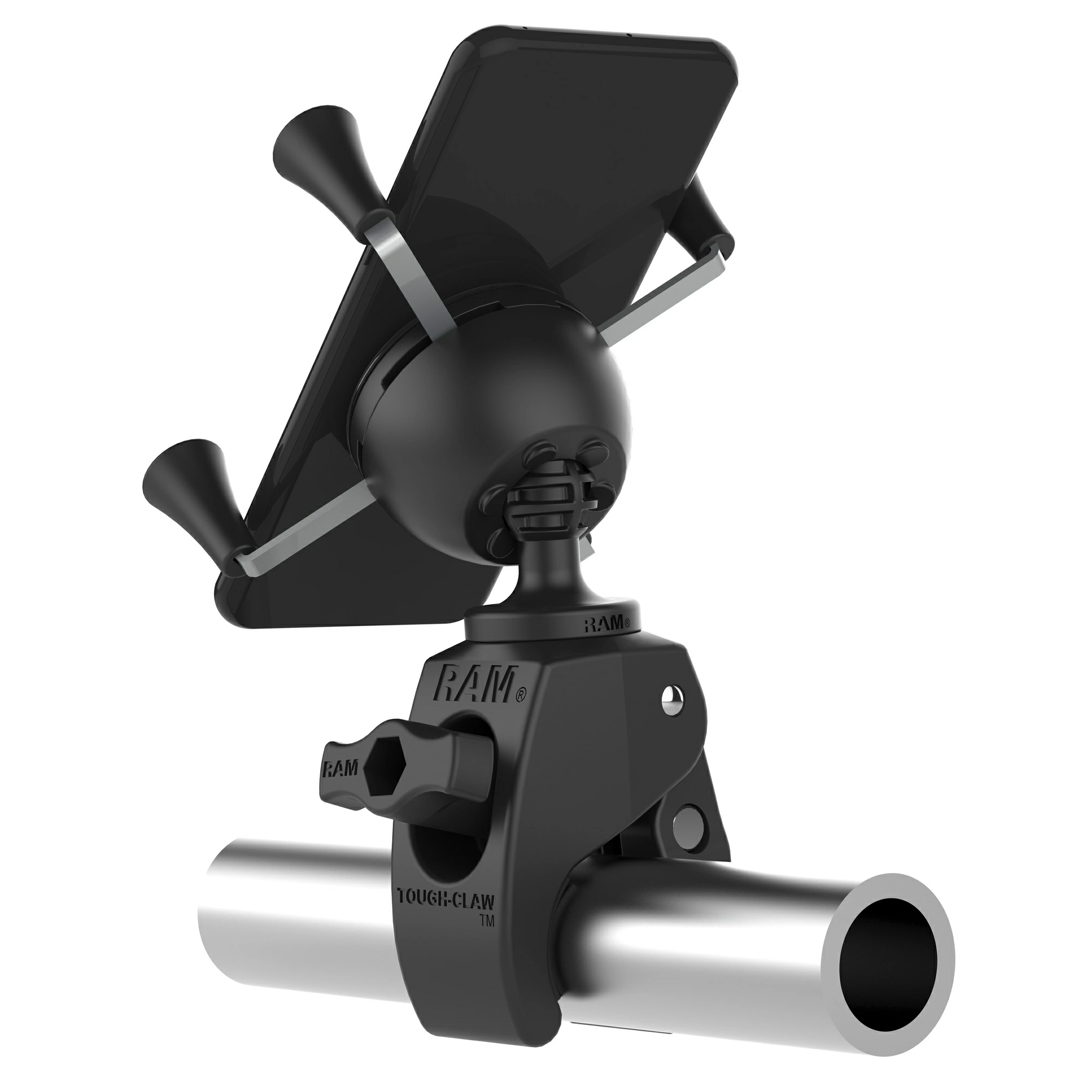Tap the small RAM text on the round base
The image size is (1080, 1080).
pos(607,624)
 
